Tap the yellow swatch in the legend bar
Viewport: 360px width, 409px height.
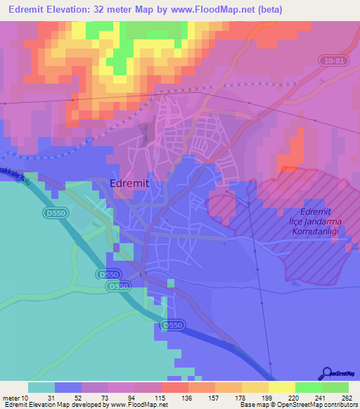pyautogui.click(x=281, y=387)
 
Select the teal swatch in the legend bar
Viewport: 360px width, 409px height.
pyautogui.click(x=41, y=387)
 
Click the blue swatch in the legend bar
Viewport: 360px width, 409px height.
pyautogui.click(x=67, y=387)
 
